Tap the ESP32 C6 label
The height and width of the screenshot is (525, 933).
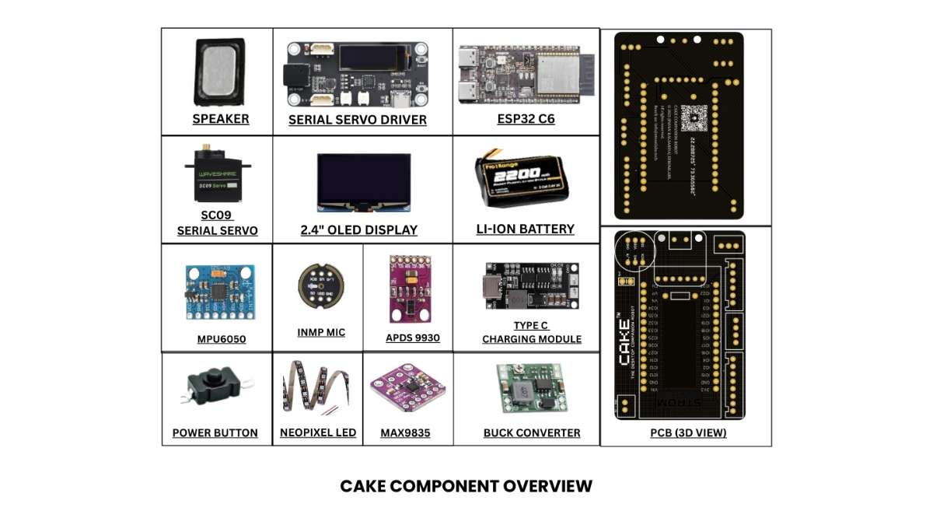point(526,119)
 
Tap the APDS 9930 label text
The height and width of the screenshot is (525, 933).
point(413,338)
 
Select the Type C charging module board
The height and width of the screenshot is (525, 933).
point(530,283)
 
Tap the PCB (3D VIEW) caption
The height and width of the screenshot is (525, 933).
point(688,432)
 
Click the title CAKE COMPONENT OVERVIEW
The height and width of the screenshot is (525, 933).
point(466,486)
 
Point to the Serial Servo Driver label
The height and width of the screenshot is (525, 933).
point(358,120)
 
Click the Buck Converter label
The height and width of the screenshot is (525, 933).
point(532,432)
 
